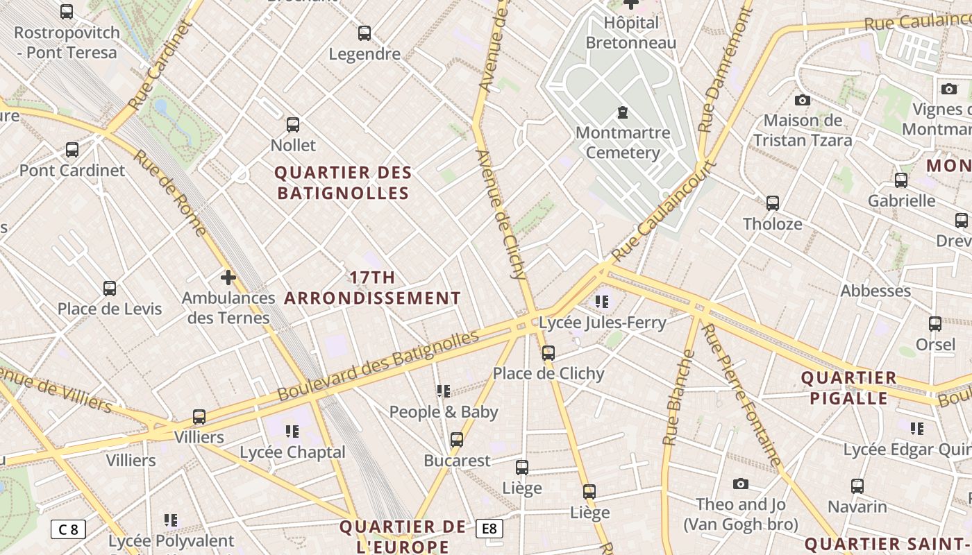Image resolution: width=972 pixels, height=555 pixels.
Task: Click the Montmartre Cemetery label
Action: point(623,142)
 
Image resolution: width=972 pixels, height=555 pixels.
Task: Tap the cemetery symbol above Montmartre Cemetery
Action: point(623,112)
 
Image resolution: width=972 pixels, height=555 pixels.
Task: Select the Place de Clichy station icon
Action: point(548,353)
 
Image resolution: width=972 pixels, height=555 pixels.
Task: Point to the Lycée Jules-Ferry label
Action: point(603,323)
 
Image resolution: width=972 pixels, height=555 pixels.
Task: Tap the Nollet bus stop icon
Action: point(293,125)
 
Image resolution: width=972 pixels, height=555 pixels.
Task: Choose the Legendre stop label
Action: point(364,54)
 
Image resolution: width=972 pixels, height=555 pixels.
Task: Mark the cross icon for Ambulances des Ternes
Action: point(228,278)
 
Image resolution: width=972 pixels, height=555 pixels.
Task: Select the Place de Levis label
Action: point(110,309)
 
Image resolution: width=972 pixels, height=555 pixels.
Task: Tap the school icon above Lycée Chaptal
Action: point(292,432)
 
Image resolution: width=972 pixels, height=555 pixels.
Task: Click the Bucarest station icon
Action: point(457,440)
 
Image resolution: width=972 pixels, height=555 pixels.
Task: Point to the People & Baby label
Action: point(444,412)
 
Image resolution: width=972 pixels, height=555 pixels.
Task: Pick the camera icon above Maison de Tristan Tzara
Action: point(803,101)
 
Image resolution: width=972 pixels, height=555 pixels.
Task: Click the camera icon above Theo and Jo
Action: point(741,484)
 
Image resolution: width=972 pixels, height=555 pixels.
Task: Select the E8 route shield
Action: point(489,529)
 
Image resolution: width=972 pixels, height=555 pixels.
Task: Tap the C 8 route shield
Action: point(68,529)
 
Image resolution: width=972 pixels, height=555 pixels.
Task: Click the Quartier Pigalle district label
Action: point(849,388)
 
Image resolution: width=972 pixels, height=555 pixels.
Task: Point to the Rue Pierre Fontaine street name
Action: point(741,395)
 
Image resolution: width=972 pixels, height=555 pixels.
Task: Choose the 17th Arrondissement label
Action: point(373,288)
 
